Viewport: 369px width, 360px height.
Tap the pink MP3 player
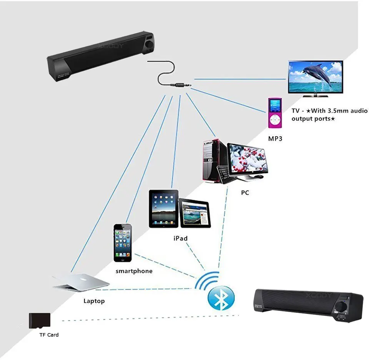point(275,113)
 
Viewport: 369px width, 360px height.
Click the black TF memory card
point(40,320)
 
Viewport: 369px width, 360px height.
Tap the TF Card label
point(49,335)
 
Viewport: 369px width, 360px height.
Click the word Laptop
point(94,301)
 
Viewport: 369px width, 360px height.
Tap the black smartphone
point(123,243)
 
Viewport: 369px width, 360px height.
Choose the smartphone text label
point(134,271)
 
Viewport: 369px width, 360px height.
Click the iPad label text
point(180,238)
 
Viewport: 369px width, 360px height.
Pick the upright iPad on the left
point(164,209)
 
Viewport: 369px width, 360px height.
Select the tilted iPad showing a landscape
point(195,213)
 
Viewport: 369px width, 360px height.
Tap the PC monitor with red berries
point(248,160)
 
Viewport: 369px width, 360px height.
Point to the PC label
point(245,192)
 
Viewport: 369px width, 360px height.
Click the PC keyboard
point(224,174)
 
